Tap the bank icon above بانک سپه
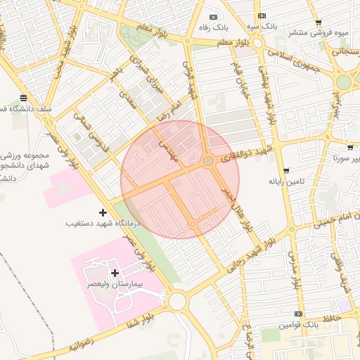[x=262, y=15]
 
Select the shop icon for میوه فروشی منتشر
[x=319, y=22]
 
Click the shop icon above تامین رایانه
[x=286, y=171]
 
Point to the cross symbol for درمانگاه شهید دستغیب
[x=103, y=212]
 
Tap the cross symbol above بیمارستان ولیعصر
[x=115, y=272]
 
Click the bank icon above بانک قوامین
[x=299, y=314]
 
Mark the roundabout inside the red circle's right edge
[x=208, y=162]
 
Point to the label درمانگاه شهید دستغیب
[x=103, y=223]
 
